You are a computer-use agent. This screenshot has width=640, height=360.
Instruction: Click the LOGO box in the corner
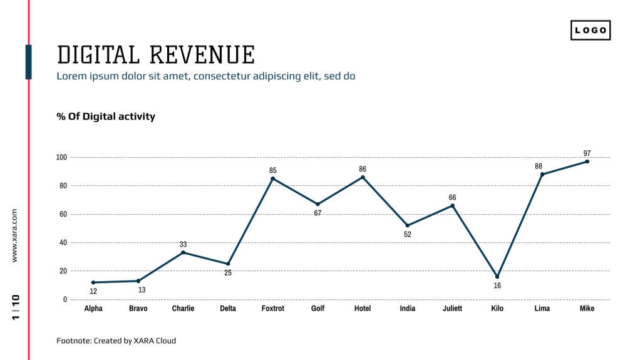pos(590,30)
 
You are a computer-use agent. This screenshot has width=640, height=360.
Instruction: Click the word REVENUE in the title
pos(202,55)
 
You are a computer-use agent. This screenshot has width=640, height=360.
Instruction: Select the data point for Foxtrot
pos(272,178)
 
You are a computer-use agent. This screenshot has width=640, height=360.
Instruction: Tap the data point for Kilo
pos(497,276)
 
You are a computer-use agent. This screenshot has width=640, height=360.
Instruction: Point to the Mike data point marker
pos(587,162)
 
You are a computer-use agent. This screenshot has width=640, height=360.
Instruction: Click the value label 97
pos(587,153)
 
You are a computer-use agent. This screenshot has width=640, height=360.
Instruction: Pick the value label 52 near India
pos(408,234)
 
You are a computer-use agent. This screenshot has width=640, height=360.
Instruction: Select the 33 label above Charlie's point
pos(183,244)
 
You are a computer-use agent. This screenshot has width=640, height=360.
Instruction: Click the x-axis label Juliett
pos(452,309)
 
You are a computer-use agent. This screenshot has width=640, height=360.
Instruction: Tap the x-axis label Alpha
pos(93,309)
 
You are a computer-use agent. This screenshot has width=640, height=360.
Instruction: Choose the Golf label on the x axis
pos(317,309)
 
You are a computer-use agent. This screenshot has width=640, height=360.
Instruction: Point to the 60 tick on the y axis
pos(63,214)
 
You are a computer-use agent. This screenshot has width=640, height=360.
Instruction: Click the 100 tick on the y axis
pos(61,157)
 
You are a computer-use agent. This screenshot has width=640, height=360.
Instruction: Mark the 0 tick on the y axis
pos(65,299)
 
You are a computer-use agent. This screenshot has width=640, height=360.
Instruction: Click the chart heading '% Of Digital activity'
pos(106,116)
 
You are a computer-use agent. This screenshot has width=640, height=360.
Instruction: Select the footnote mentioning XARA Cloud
pos(116,341)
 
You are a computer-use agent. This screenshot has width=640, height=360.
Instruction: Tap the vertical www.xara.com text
pos(15,235)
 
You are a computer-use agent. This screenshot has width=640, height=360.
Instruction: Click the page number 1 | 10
pos(16,307)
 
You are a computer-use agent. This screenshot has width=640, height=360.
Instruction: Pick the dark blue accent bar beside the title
pos(28,62)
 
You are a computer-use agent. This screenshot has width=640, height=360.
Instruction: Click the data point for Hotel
pos(363,177)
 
